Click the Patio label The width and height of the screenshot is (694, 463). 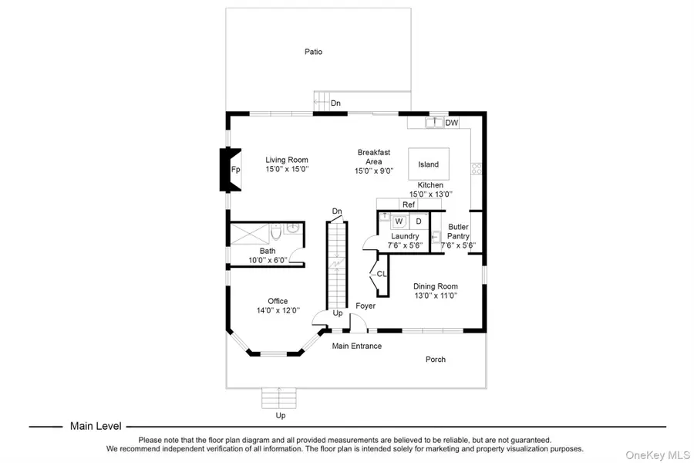[x=312, y=52]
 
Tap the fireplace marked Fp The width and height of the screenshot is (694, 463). [x=234, y=170]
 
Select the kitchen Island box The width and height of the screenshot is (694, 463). [x=428, y=164]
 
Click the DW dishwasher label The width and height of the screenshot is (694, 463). [x=452, y=123]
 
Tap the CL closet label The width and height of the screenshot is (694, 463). [x=382, y=273]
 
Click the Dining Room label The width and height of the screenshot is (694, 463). [x=435, y=286]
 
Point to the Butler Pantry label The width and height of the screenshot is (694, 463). [x=458, y=231]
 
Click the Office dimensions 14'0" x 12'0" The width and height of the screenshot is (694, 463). [x=278, y=311]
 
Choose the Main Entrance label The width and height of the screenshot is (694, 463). [x=356, y=346]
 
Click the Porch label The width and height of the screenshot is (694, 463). [x=436, y=360]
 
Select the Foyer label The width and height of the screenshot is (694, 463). [x=366, y=306]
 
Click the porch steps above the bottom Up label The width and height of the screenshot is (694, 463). [x=279, y=397]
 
